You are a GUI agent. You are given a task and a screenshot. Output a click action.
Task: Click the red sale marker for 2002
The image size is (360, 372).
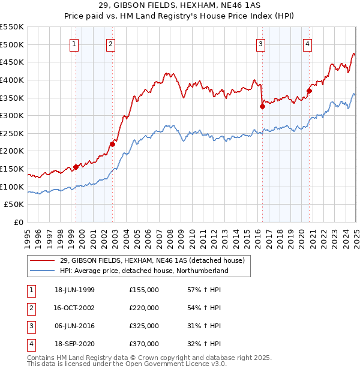coord(112,144)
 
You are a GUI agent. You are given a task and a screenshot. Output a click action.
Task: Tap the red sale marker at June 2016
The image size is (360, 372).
coord(262,107)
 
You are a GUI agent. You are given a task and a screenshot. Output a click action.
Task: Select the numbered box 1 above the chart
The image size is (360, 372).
coord(74,43)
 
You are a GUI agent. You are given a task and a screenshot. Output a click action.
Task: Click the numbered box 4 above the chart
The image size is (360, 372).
coord(307,43)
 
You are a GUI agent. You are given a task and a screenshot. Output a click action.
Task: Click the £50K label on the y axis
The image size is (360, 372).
coord(14,205)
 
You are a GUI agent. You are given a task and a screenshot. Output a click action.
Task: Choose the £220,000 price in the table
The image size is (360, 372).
coord(144,308)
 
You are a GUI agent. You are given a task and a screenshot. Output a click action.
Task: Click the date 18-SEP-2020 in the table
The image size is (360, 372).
coord(74,344)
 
